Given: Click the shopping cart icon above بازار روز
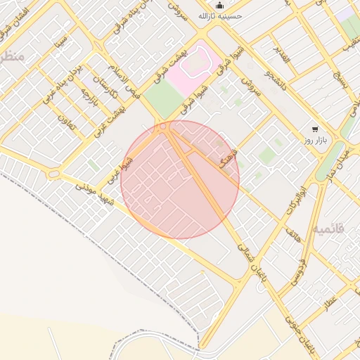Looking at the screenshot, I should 314,129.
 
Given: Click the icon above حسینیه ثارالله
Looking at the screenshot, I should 220,4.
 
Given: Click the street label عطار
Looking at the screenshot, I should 330,302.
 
